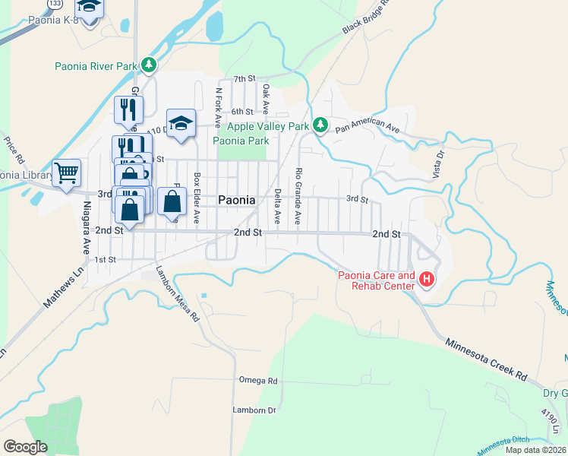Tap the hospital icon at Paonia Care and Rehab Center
pyautogui.click(x=427, y=280)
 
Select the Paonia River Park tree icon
pyautogui.click(x=150, y=66)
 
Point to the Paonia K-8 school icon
pyautogui.click(x=90, y=9)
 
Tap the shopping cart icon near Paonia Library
pyautogui.click(x=67, y=173)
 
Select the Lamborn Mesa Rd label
pyautogui.click(x=178, y=293)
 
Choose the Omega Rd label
pyautogui.click(x=258, y=380)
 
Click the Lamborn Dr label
pyautogui.click(x=254, y=410)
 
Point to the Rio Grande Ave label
pyautogui.click(x=298, y=197)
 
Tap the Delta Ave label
pyautogui.click(x=277, y=206)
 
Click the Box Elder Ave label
pyautogui.click(x=196, y=198)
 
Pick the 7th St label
pyautogui.click(x=245, y=78)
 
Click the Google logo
pyautogui.click(x=25, y=446)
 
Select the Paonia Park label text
pyautogui.click(x=241, y=141)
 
